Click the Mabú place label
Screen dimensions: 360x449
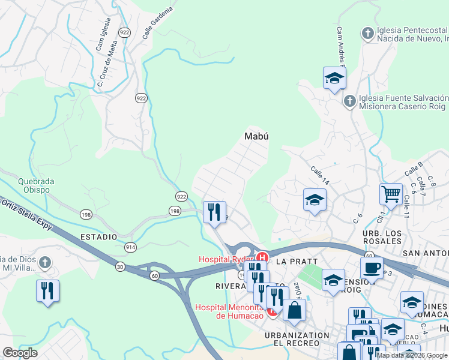[256, 136]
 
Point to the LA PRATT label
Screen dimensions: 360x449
[291, 262]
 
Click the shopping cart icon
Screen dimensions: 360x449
[391, 194]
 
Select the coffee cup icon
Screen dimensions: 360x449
[372, 267]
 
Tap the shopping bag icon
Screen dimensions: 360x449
[294, 310]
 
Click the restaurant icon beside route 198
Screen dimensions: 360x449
[214, 211]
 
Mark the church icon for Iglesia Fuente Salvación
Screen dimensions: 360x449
[350, 102]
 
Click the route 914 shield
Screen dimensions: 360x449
[130, 247]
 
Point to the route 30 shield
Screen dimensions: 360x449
[121, 266]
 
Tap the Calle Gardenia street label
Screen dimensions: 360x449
[158, 23]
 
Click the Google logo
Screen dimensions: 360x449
[20, 352]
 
